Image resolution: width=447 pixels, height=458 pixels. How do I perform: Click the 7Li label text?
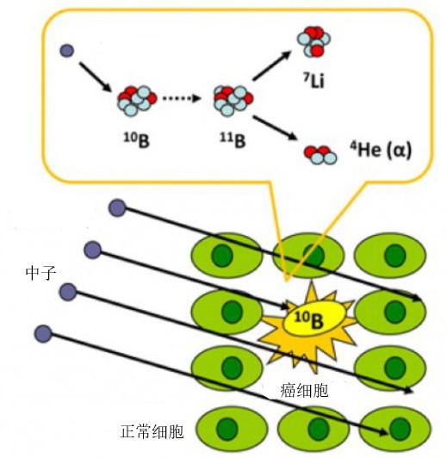coord(314,80)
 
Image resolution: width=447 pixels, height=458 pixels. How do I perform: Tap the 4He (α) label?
coord(381,150)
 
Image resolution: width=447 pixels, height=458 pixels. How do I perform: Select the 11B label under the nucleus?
coord(233,139)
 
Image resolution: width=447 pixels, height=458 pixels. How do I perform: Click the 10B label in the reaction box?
coord(136,139)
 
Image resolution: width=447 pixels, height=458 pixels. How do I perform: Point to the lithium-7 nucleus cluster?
coord(314,41)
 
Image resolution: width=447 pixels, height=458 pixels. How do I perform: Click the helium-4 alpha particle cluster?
coord(320,155)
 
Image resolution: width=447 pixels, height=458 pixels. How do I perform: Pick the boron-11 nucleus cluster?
coord(233,101)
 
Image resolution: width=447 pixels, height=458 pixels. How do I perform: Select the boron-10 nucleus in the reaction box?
coord(137,101)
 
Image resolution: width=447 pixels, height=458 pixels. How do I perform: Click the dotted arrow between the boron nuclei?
coord(182,98)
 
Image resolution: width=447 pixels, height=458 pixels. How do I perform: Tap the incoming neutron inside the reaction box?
coord(67,51)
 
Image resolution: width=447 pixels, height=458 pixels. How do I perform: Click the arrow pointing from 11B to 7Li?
coord(271,65)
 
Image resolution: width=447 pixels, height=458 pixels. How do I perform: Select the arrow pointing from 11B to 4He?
coord(275,127)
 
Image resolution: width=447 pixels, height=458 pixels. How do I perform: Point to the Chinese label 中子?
coord(40,273)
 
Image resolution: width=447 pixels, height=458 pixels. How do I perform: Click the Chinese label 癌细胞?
coord(304,390)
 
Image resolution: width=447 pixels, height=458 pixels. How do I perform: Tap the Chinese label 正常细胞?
coord(152,431)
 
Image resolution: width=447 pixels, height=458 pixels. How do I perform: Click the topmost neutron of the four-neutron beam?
coord(117,207)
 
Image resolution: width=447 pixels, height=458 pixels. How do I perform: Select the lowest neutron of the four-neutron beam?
coord(43,333)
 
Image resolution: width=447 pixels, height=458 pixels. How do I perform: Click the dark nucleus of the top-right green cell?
coord(395,256)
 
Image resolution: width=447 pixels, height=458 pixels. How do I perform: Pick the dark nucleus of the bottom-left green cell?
coord(227,429)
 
